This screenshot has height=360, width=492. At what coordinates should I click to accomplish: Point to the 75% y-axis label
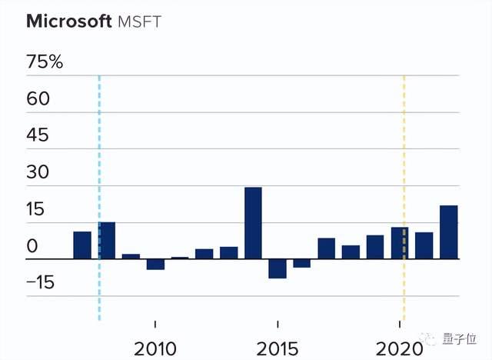point(45,62)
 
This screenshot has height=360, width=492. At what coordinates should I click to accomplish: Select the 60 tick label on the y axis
point(38,98)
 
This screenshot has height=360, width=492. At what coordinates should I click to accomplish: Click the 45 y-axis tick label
point(38,135)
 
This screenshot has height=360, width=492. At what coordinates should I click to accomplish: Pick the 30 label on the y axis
point(38,172)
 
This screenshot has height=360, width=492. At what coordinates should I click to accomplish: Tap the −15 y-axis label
point(41,282)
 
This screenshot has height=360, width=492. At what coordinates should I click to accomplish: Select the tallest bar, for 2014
point(253,223)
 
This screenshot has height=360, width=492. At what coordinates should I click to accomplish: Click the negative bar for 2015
point(278,268)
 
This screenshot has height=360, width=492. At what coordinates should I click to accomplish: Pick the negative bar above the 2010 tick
point(155,264)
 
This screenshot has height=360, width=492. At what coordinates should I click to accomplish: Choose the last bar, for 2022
point(449,232)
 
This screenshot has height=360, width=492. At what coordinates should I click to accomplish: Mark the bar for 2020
point(400,243)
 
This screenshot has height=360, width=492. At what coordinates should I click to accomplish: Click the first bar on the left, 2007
point(82,245)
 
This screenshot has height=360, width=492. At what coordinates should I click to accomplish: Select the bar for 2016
point(302,263)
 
